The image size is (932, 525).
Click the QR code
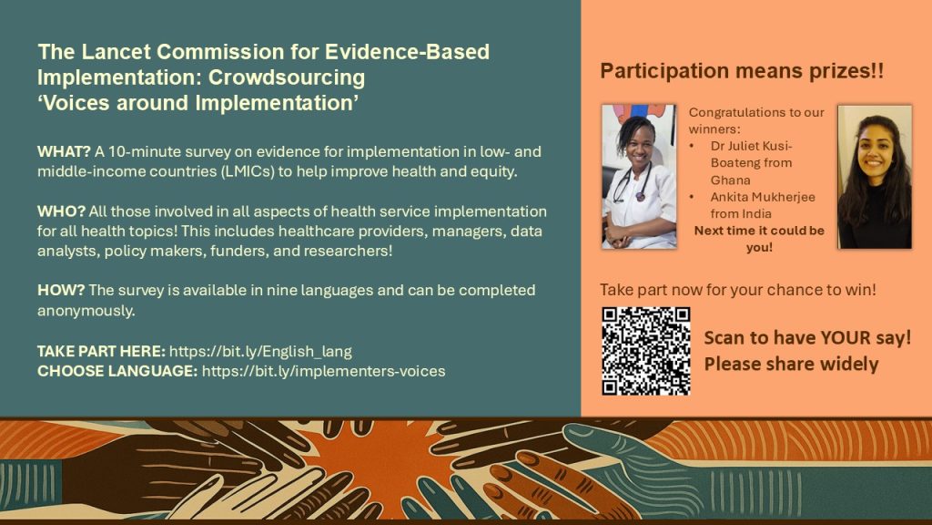coord(646,351)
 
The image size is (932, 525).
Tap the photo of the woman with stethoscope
coord(639,177)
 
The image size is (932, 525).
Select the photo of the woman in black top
coord(875,177)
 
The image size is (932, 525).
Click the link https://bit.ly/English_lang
coord(260,351)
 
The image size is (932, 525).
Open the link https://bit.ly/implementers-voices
coord(323,371)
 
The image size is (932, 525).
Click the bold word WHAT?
coord(64,151)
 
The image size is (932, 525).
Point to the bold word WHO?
coord(61,211)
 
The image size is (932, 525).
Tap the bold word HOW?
coord(61,290)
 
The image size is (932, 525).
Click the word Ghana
coord(731,180)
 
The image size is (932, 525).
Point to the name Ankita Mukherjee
coord(763,197)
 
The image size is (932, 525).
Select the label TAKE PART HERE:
coord(101,351)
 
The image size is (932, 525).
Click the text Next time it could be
coord(759,231)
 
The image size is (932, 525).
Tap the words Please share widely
coord(791,364)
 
